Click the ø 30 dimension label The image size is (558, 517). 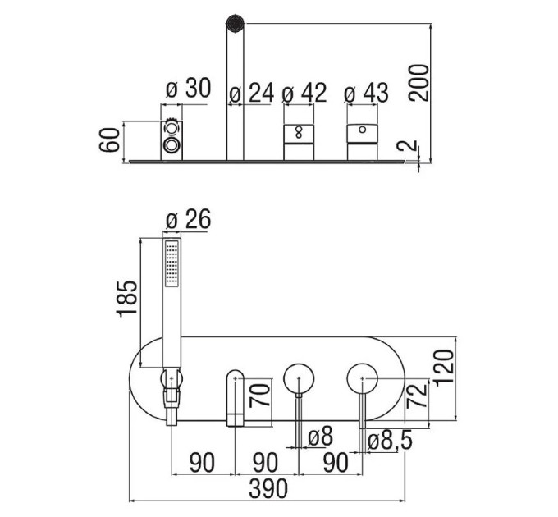[x=188, y=89]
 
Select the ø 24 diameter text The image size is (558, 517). [x=252, y=94]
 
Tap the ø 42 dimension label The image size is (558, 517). [x=304, y=93]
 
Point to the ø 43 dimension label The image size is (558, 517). [x=366, y=94]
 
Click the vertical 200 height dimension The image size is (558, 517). [x=418, y=83]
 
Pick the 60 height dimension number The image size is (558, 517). [x=109, y=140]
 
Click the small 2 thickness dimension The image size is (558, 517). [x=408, y=145]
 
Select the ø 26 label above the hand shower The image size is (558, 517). [x=188, y=219]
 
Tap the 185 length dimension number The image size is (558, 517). [x=127, y=298]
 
